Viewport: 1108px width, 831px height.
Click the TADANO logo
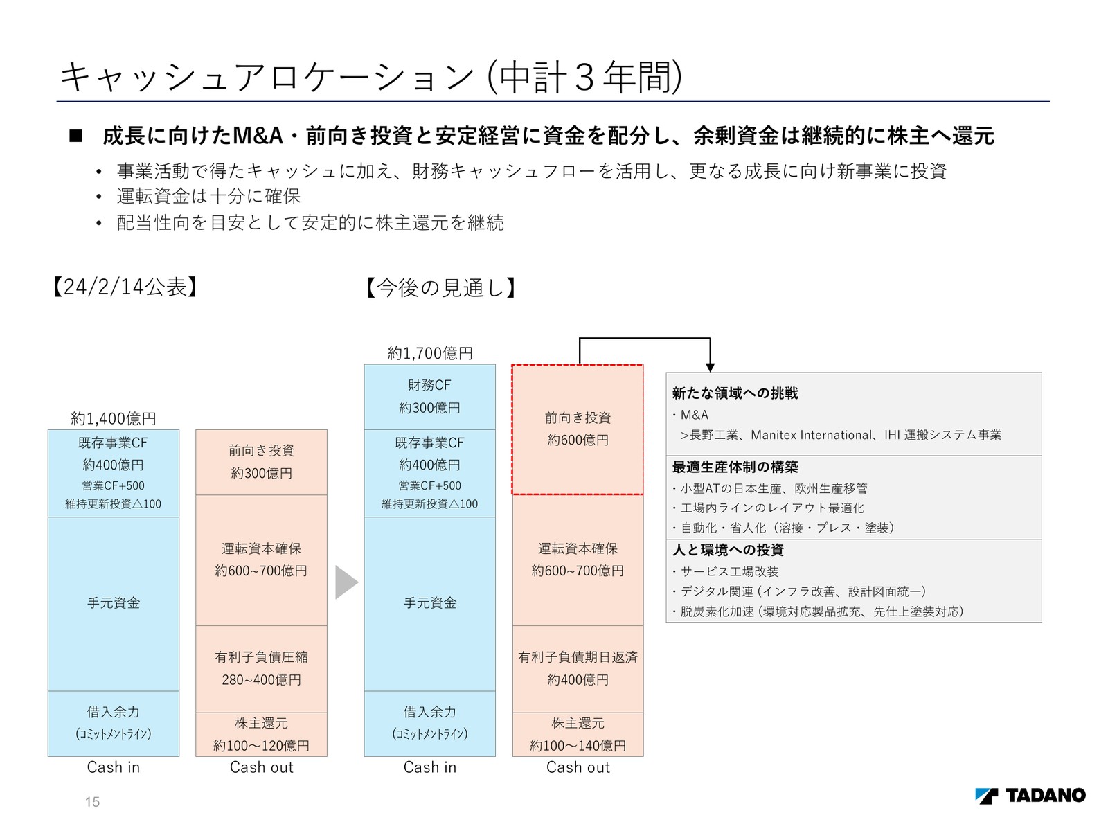1030,796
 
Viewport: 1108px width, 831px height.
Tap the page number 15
92,802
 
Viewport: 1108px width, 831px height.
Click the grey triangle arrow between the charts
346,582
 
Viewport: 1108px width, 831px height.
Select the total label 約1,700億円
430,353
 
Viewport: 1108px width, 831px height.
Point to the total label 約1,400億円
114,418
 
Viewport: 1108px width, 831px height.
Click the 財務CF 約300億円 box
430,397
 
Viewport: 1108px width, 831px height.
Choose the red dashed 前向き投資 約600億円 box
578,429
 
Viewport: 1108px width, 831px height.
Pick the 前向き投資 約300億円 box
261,462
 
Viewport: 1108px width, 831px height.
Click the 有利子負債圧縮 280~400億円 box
261,669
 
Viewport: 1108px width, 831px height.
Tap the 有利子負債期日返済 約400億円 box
578,669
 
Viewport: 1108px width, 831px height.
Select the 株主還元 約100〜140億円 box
578,735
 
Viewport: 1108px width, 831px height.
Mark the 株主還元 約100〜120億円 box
261,735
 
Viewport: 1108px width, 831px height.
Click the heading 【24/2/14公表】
125,287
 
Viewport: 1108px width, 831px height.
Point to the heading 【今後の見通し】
440,287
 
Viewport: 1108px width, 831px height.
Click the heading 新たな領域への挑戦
735,393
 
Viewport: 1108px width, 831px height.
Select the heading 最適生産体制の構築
735,467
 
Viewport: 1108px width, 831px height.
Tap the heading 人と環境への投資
728,550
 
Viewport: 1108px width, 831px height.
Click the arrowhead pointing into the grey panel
710,368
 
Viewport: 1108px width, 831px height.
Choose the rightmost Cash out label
578,767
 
